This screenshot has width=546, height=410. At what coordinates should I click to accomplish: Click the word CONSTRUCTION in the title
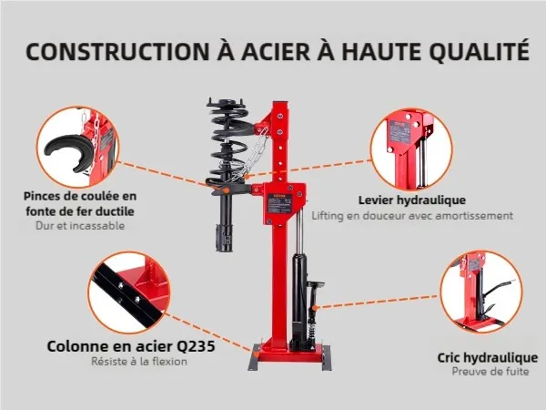click(x=118, y=52)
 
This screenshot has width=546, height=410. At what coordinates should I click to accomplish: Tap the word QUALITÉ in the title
click(x=480, y=51)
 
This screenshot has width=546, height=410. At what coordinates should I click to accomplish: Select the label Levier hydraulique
click(x=412, y=200)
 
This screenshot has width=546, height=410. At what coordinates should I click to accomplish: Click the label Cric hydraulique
click(x=488, y=358)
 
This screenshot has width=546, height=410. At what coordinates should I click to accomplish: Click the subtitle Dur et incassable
click(x=80, y=226)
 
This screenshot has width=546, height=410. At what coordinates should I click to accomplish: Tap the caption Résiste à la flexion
click(x=139, y=361)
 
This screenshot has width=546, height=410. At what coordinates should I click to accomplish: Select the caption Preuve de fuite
click(x=490, y=372)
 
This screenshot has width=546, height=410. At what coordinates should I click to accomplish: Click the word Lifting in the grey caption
click(x=328, y=216)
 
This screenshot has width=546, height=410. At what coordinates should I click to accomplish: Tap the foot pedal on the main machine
click(x=315, y=285)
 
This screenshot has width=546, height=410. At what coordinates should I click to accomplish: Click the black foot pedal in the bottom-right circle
click(x=496, y=288)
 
